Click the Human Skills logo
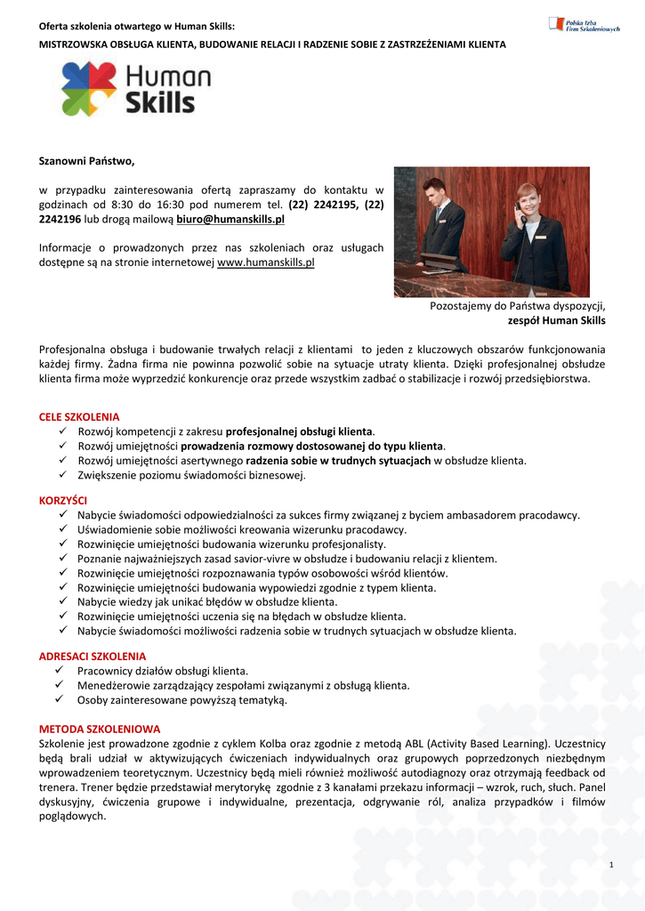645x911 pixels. [135, 88]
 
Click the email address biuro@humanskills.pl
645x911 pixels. [230, 219]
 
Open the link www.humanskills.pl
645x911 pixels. [266, 262]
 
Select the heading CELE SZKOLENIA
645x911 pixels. [79, 416]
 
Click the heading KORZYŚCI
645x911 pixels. [64, 501]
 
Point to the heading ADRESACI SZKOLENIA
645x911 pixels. [93, 657]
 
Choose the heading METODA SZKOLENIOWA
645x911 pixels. [100, 729]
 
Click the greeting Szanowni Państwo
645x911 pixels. [86, 161]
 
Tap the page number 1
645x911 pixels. [612, 865]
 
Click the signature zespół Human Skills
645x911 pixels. [556, 320]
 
